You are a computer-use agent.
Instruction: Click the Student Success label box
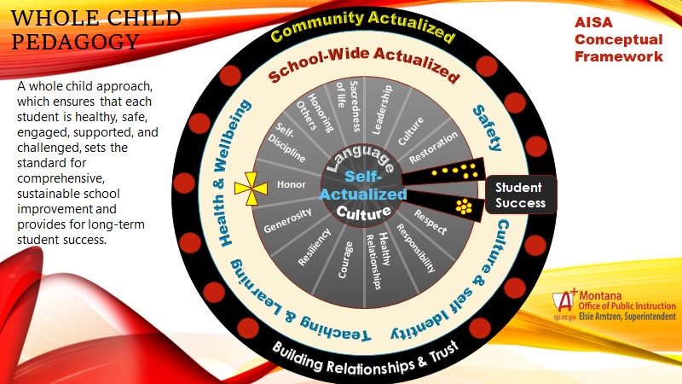click(x=521, y=194)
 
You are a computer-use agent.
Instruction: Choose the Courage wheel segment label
click(x=344, y=258)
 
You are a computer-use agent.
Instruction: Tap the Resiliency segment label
click(x=310, y=248)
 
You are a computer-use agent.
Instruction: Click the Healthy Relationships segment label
click(x=379, y=259)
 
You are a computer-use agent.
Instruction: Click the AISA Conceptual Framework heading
click(x=618, y=39)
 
